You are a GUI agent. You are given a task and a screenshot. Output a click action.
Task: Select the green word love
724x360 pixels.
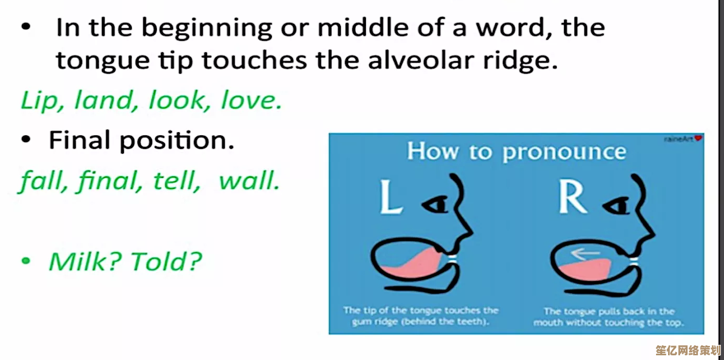(251, 100)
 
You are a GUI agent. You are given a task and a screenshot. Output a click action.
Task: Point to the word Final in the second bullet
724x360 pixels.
(79, 140)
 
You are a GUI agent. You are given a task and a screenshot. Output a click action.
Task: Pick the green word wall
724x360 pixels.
(249, 180)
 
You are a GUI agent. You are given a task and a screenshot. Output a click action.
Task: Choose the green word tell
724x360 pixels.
(177, 180)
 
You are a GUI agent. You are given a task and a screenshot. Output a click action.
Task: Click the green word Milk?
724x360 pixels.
(85, 261)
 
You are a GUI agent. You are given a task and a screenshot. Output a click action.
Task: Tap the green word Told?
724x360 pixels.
(166, 261)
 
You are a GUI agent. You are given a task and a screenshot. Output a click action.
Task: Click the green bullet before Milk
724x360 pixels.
(26, 261)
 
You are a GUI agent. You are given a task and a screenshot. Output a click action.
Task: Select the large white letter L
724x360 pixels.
(391, 196)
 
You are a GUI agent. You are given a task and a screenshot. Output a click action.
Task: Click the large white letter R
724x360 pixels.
(572, 196)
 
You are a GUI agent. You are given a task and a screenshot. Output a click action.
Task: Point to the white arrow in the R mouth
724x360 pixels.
(585, 254)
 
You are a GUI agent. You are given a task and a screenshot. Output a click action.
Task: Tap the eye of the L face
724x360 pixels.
(435, 204)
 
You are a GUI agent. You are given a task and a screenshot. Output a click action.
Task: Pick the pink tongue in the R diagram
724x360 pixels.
(585, 269)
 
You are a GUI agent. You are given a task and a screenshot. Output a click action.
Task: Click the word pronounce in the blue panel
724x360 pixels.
(565, 152)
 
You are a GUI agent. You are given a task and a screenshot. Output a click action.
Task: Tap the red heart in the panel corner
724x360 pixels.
(698, 138)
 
